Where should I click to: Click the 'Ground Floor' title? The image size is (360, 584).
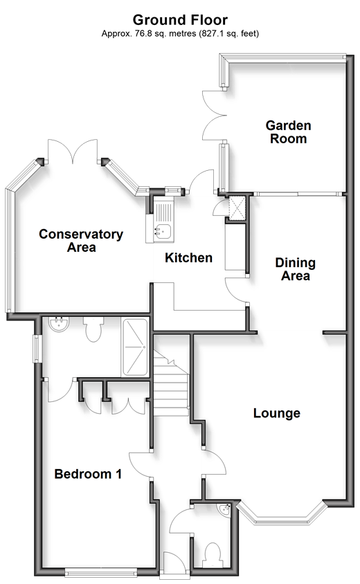(x=180, y=20)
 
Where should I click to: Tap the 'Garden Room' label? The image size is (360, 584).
(x=288, y=132)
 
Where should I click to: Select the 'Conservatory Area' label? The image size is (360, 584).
(x=81, y=241)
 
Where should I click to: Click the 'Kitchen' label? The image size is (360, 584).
(x=188, y=257)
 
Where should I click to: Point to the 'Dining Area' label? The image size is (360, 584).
(x=295, y=269)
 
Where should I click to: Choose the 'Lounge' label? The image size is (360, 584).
(x=277, y=413)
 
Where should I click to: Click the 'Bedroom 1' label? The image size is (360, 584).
(x=88, y=474)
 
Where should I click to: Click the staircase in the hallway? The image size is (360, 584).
(x=171, y=383)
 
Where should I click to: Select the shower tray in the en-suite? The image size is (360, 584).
(x=134, y=347)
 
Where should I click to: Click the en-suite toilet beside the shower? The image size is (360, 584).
(x=93, y=329)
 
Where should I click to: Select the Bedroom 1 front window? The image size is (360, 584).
(x=100, y=571)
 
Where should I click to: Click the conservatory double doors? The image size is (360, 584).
(x=73, y=152)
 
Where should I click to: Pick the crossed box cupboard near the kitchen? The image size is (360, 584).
(x=237, y=208)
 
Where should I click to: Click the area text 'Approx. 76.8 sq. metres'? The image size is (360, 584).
(x=149, y=34)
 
